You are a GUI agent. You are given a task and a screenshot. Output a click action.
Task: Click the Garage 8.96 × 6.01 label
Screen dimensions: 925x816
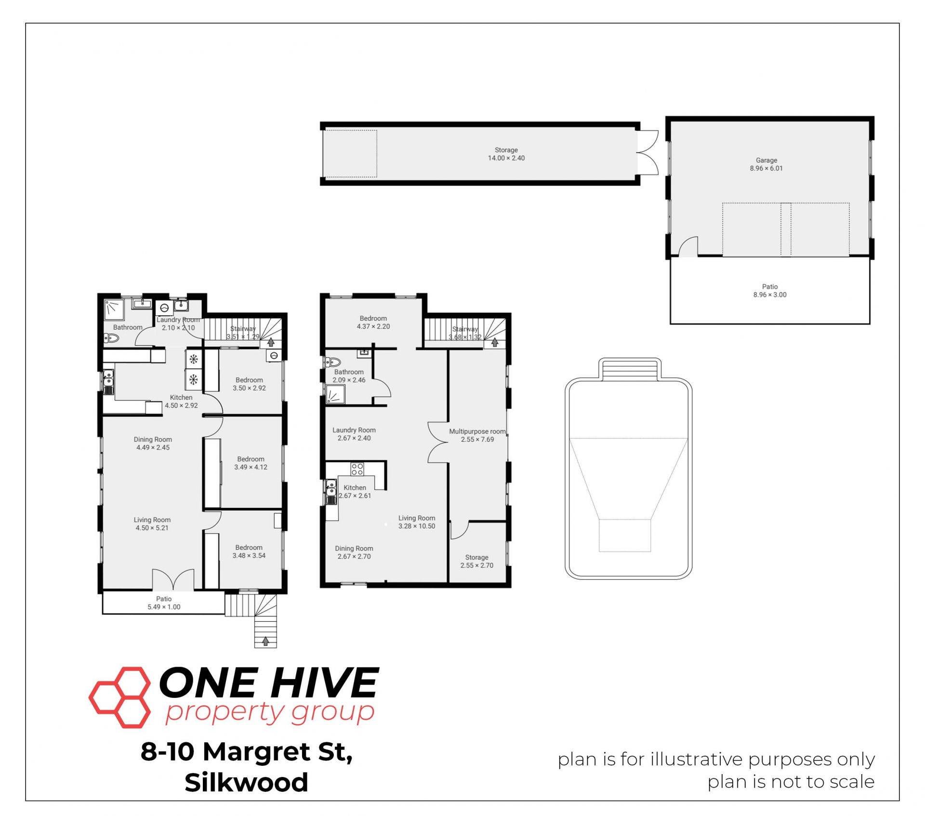click(x=766, y=164)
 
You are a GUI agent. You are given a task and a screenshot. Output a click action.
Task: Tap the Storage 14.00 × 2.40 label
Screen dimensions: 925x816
click(x=506, y=154)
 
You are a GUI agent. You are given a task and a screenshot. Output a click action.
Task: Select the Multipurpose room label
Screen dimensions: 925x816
click(x=477, y=431)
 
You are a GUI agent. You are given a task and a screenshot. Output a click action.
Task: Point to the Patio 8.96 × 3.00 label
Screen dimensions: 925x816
click(x=770, y=291)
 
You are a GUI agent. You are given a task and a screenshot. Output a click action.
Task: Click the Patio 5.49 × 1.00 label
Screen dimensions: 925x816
click(x=164, y=603)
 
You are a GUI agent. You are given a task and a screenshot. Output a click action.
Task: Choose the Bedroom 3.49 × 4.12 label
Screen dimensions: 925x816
click(x=251, y=463)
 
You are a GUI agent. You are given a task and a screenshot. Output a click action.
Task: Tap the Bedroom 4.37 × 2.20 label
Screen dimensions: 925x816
click(x=373, y=322)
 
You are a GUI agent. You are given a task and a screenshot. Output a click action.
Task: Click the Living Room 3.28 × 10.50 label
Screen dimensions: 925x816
click(x=417, y=522)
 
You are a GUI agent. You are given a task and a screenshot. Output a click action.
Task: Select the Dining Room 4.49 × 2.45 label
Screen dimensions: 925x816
click(x=153, y=443)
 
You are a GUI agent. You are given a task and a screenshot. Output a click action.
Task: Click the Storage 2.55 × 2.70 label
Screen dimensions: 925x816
click(x=477, y=562)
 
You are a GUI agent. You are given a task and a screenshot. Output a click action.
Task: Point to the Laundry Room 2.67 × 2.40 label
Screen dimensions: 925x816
click(x=354, y=434)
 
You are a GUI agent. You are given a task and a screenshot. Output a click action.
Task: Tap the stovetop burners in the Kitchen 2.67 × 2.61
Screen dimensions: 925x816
click(x=357, y=469)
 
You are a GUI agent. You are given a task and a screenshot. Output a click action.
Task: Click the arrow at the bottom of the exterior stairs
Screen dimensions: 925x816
click(x=265, y=641)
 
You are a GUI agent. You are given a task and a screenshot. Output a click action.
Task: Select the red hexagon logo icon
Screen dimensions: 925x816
click(x=120, y=697)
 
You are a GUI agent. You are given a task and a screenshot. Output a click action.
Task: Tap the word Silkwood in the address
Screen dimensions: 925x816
click(x=246, y=782)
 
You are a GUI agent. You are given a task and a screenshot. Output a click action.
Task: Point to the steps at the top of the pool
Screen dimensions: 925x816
click(x=630, y=369)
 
